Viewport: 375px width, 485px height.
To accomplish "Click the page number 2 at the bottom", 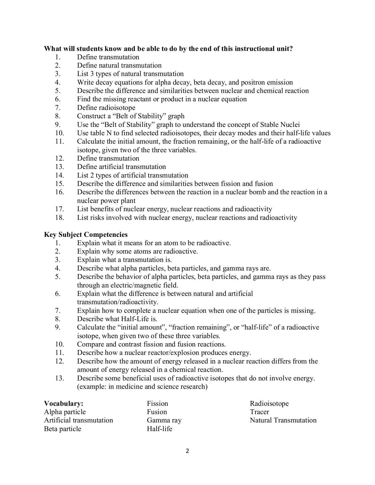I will [188, 451].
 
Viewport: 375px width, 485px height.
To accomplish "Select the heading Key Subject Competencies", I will [86, 234].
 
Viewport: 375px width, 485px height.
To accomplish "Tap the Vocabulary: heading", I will [64, 403].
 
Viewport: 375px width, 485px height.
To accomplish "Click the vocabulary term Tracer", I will [259, 412].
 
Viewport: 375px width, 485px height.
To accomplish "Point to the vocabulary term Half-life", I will [159, 429].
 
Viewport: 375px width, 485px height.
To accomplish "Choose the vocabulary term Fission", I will [157, 403].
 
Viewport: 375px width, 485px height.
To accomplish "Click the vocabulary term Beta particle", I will [62, 429].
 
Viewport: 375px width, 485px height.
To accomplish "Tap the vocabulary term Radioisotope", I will [269, 403].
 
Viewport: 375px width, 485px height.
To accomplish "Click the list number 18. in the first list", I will [60, 217].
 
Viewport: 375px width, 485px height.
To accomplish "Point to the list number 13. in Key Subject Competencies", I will [60, 378].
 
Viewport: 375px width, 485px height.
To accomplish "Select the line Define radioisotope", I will [106, 108].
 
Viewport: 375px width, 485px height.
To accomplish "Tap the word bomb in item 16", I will [270, 192].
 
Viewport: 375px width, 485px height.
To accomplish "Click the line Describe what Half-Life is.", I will [117, 319].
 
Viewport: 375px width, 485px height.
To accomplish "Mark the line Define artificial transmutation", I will [121, 167].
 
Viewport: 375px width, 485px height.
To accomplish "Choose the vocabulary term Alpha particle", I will [65, 412].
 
